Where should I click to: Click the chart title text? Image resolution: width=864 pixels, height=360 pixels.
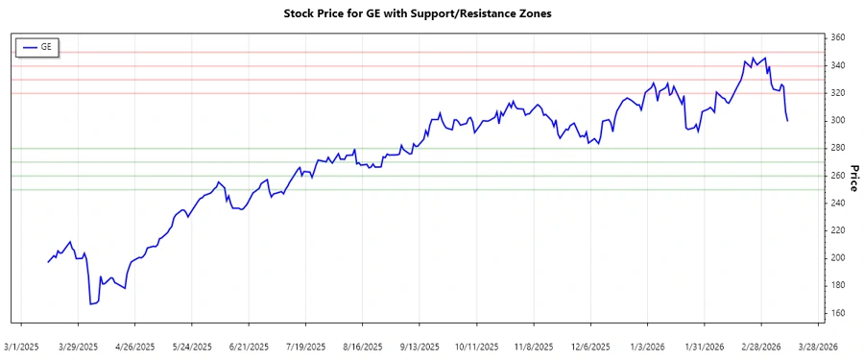(x=431, y=13)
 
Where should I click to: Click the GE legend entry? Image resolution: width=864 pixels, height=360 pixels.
(x=38, y=46)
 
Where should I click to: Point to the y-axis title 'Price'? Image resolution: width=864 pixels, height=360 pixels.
(x=852, y=176)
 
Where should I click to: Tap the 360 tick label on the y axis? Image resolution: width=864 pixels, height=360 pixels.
(x=838, y=37)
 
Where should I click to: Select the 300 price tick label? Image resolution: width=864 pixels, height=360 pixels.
(x=838, y=120)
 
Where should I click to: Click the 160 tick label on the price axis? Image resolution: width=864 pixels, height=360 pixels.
(x=838, y=313)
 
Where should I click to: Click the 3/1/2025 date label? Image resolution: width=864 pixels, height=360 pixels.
(x=22, y=347)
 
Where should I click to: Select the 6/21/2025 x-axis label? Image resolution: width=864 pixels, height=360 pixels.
(x=250, y=347)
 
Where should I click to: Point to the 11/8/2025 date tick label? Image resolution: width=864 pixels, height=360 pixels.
(x=534, y=347)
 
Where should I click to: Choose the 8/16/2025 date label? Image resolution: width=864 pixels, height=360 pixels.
(x=363, y=347)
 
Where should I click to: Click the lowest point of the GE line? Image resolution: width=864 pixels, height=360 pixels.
(x=90, y=304)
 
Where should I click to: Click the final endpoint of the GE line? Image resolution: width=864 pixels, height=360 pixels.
(x=787, y=120)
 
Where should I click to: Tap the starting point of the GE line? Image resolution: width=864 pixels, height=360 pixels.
(x=48, y=262)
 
